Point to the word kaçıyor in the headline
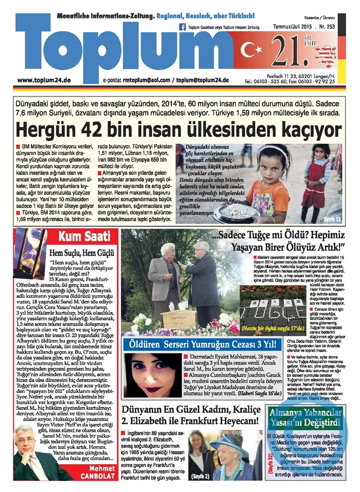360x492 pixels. (302, 129)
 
